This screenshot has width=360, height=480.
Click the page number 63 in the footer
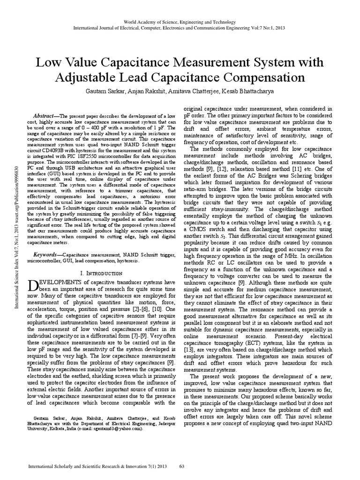(183, 467)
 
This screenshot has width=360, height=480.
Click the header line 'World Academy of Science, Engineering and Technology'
(180, 22)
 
